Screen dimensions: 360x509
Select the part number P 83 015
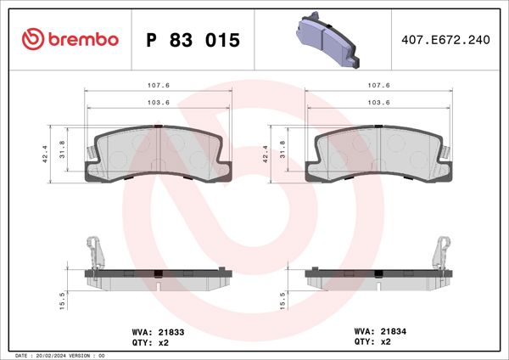click(x=193, y=40)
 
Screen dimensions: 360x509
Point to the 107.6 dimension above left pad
click(x=157, y=86)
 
